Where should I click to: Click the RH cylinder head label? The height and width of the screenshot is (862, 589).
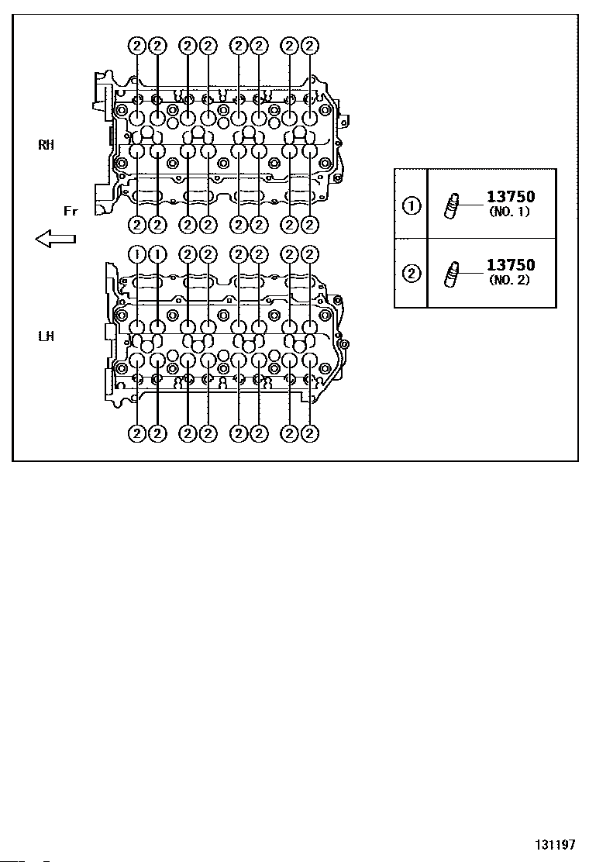coord(46,145)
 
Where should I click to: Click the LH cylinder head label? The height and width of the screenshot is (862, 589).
coord(46,336)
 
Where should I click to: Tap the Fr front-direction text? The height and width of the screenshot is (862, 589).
coord(71,211)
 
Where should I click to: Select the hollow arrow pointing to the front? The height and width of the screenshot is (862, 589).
coord(55,239)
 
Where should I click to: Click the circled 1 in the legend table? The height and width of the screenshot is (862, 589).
coord(412,205)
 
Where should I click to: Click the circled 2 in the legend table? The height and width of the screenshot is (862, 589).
coord(412,273)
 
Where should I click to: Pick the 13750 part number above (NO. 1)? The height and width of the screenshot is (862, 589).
coord(511,197)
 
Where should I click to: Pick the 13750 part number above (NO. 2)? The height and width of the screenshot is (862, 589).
coord(511,265)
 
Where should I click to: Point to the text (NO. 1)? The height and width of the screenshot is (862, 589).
coord(509,212)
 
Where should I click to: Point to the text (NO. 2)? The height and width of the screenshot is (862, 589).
coord(509,280)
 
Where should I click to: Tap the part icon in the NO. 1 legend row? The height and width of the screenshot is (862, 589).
coord(451,207)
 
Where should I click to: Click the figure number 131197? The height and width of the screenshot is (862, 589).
coord(556,844)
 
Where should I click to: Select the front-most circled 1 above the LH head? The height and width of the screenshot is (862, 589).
coord(137,254)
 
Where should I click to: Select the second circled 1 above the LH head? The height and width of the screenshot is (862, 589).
coord(157,254)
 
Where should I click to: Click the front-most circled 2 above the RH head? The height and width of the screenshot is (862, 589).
coord(137,46)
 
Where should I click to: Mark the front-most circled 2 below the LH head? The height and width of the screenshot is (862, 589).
coord(137,433)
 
